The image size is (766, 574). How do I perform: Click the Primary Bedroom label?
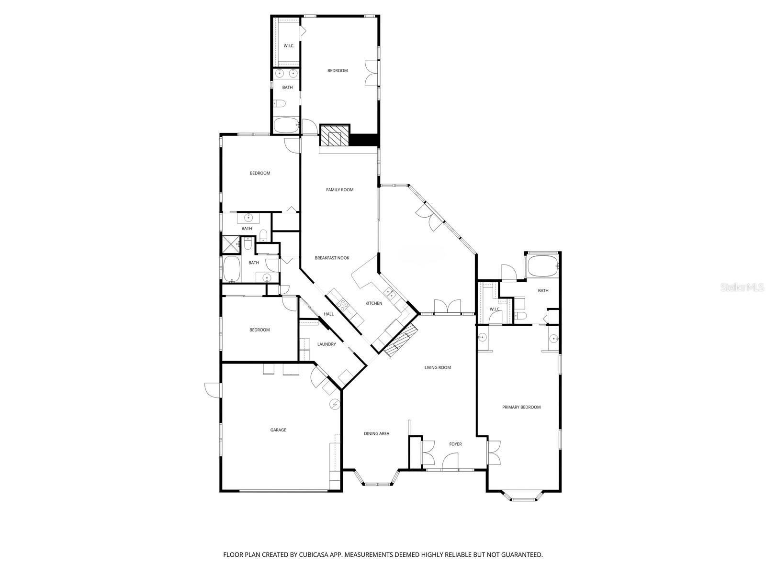click(x=521, y=407)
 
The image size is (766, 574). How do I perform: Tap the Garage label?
click(x=278, y=430)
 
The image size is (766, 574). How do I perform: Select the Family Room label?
click(x=339, y=190)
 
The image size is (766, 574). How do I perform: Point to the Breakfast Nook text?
click(x=332, y=258)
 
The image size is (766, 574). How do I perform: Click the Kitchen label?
click(x=374, y=303)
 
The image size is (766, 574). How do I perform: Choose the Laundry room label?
click(x=327, y=344)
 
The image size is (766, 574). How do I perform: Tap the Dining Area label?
click(x=377, y=433)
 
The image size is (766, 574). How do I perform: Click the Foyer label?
click(x=455, y=444)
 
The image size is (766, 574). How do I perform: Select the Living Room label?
click(x=438, y=367)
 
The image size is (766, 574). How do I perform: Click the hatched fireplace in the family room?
click(x=335, y=136)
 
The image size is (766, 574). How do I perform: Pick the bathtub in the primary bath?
click(x=542, y=266)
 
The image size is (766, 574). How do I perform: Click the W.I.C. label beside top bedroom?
click(x=289, y=45)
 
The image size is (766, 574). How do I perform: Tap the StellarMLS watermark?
click(x=743, y=287)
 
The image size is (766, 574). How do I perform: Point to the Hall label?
click(x=329, y=314)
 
